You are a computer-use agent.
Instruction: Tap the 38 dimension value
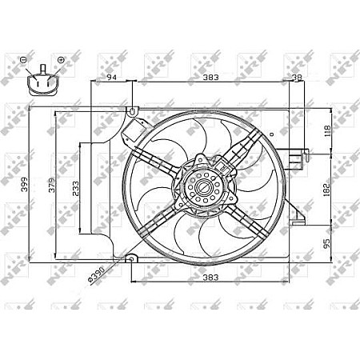point(296,78)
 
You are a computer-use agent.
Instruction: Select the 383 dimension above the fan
point(210,78)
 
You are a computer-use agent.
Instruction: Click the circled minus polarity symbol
point(23,60)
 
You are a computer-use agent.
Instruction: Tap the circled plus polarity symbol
point(61,60)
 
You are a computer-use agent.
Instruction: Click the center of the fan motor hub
point(203,190)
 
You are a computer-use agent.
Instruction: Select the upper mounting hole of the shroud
point(133,110)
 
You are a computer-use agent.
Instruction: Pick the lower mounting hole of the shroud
point(133,258)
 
